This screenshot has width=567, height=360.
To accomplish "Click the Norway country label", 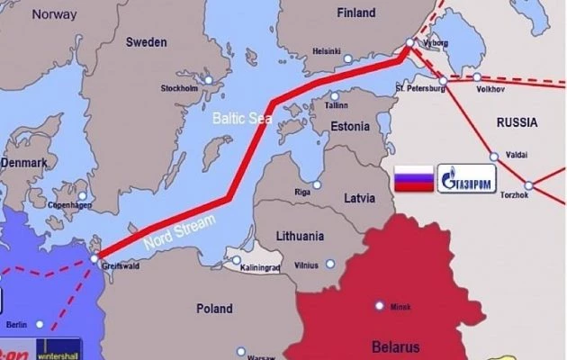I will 55,14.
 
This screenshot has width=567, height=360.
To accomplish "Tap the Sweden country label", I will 146,41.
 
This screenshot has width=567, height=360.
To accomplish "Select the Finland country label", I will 355,13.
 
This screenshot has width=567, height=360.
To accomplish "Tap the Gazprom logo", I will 467,177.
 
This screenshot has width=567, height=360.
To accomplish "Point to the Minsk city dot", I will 380,305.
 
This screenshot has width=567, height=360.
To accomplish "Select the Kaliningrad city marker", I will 237,262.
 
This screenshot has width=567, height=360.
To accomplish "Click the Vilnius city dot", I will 330,265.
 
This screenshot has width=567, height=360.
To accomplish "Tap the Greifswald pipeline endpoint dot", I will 94,258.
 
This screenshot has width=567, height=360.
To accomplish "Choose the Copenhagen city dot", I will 83,195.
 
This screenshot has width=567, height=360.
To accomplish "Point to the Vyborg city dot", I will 410,42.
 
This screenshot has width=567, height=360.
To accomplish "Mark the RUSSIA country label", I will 516,121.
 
